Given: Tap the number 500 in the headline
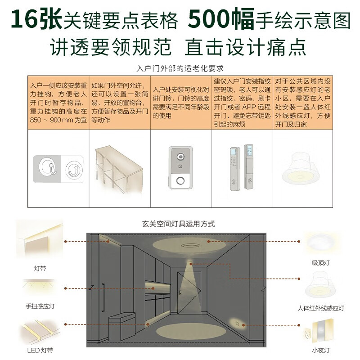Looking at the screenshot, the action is [208, 18].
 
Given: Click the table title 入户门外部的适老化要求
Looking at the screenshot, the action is [180, 68].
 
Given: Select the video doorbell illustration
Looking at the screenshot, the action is [180, 168].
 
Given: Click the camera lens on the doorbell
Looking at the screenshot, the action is [180, 157].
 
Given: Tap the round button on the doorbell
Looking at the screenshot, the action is [180, 181].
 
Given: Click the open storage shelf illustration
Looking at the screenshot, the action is [119, 170].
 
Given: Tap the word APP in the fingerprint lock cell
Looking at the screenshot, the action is [249, 107].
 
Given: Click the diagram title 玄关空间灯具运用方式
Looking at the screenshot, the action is [178, 224].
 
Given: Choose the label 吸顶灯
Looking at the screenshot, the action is [321, 263].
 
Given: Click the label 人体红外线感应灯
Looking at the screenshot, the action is [321, 308].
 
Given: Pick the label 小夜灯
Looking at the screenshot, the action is [321, 350].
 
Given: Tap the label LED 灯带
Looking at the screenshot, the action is [40, 351].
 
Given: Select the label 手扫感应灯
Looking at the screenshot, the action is [40, 306].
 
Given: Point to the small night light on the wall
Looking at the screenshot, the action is [237, 324].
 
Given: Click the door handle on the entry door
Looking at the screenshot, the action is [180, 293].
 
